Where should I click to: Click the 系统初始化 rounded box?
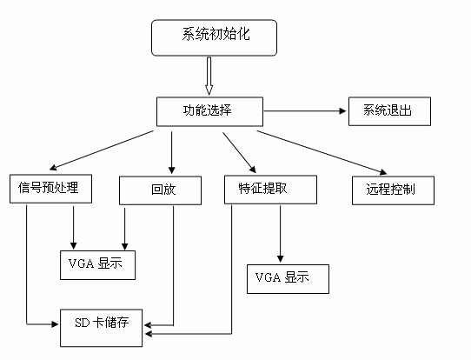pyautogui.click(x=214, y=38)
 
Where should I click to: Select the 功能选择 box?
pyautogui.click(x=209, y=111)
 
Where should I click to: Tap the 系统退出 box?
pyautogui.click(x=389, y=111)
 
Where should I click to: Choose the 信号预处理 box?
pyautogui.click(x=50, y=189)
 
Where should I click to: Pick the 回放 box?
pyautogui.click(x=160, y=190)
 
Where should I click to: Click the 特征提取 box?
pyautogui.click(x=270, y=190)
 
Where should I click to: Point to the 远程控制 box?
pyautogui.click(x=393, y=190)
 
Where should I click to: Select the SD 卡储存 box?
pyautogui.click(x=101, y=328)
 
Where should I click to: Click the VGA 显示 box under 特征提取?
pyautogui.click(x=288, y=279)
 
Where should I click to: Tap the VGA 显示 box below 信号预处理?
pyautogui.click(x=97, y=265)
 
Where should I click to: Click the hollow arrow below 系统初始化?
pyautogui.click(x=209, y=76)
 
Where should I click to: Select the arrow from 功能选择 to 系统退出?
pyautogui.click(x=305, y=111)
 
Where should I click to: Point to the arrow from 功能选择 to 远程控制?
pyautogui.click(x=322, y=152)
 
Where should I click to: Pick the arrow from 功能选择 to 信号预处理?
pyautogui.click(x=102, y=150)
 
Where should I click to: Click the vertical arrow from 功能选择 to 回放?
pyautogui.click(x=171, y=153)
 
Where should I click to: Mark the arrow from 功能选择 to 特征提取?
pyautogui.click(x=239, y=153)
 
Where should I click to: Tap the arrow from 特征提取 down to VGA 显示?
pyautogui.click(x=281, y=234)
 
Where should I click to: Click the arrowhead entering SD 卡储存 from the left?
pyautogui.click(x=55, y=324)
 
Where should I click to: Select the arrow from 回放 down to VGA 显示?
pyautogui.click(x=124, y=229)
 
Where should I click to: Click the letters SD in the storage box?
pyautogui.click(x=83, y=323)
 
